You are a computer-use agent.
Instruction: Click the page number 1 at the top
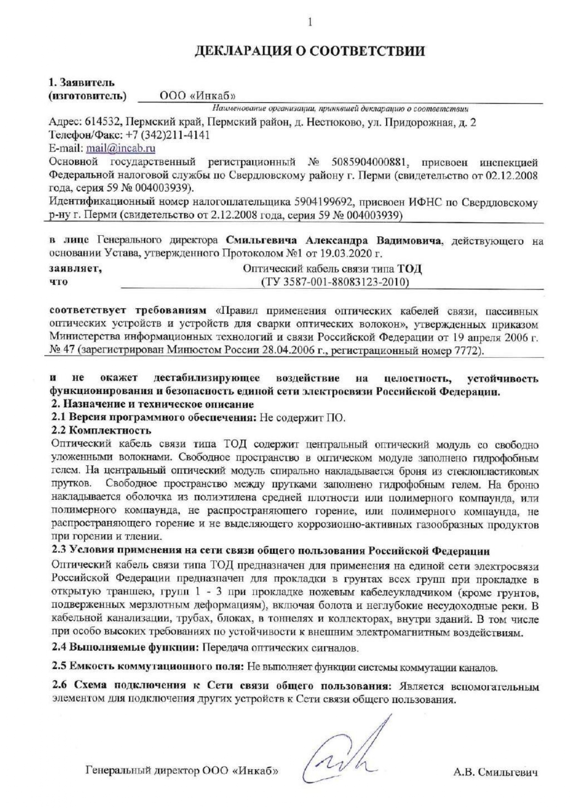pyautogui.click(x=310, y=22)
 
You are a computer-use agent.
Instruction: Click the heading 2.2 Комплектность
pyautogui.click(x=101, y=431)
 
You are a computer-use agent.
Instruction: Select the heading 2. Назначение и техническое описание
pyautogui.click(x=152, y=404)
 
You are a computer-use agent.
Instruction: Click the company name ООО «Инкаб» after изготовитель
pyautogui.click(x=198, y=96)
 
